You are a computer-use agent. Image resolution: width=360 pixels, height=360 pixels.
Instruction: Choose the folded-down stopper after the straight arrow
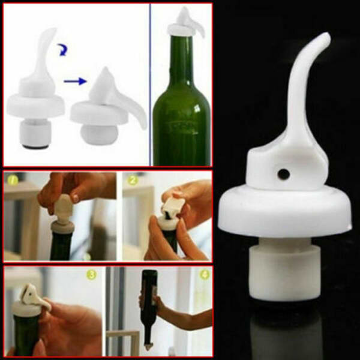pyautogui.click(x=105, y=111)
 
